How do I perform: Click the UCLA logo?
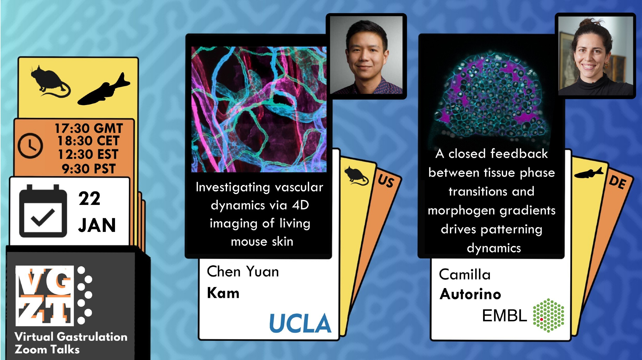click(300, 323)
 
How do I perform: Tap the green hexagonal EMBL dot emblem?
click(549, 315)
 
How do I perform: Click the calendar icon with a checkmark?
click(43, 211)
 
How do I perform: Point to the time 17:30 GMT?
click(89, 128)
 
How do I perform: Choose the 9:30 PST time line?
click(89, 169)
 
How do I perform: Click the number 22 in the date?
click(90, 198)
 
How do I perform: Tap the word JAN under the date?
click(97, 225)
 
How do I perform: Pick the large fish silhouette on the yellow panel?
click(104, 90)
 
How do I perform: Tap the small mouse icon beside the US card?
click(356, 176)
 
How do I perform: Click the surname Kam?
click(223, 293)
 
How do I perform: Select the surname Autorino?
click(470, 294)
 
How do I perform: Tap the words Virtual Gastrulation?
click(71, 337)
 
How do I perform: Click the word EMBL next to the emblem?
click(504, 316)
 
